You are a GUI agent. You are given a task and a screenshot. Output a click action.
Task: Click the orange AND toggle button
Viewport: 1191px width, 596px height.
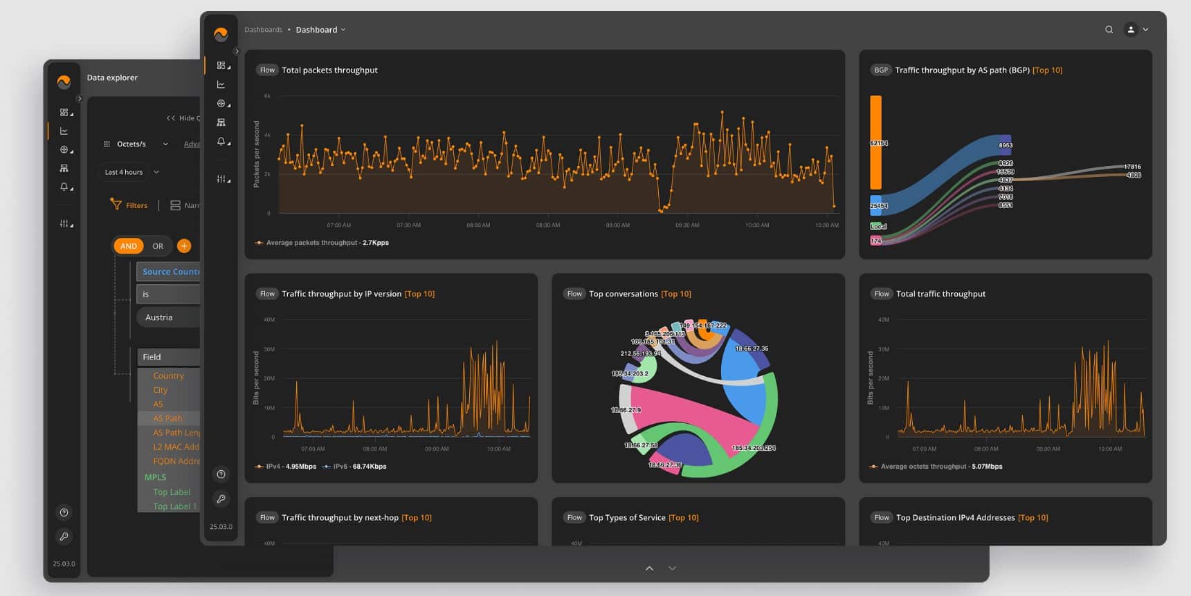(x=128, y=246)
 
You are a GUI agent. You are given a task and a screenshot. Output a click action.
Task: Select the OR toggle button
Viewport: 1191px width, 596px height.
(x=158, y=246)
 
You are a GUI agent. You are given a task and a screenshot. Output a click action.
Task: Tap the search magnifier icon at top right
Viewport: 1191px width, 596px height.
(x=1109, y=30)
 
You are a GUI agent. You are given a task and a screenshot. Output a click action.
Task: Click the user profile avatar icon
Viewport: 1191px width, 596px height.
(x=1131, y=30)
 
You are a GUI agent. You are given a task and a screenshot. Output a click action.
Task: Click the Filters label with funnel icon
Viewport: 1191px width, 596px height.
(x=129, y=205)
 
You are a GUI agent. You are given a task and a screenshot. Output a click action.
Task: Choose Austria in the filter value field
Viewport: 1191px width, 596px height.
(x=159, y=317)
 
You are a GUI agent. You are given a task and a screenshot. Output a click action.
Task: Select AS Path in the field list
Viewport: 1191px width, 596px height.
(x=167, y=418)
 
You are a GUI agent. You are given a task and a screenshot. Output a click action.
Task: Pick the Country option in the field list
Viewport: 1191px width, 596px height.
(x=168, y=375)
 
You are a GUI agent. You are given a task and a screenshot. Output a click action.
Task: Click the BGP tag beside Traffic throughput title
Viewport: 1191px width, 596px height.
(x=880, y=70)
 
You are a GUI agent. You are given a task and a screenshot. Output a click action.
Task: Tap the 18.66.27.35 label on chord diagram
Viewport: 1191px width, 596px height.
(x=751, y=348)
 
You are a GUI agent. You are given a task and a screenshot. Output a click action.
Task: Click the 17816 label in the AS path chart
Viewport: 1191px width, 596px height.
(x=1132, y=167)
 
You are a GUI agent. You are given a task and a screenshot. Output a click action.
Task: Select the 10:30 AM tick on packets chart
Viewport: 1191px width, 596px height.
(x=826, y=225)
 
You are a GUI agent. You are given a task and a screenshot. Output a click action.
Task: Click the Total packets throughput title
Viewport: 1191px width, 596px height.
(x=329, y=70)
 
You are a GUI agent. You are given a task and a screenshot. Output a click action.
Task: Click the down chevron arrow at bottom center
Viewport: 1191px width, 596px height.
(x=672, y=568)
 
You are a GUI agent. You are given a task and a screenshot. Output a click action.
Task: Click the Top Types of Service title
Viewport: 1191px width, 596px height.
(x=627, y=518)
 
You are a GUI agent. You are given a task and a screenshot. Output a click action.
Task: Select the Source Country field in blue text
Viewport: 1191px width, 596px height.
(x=170, y=272)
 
